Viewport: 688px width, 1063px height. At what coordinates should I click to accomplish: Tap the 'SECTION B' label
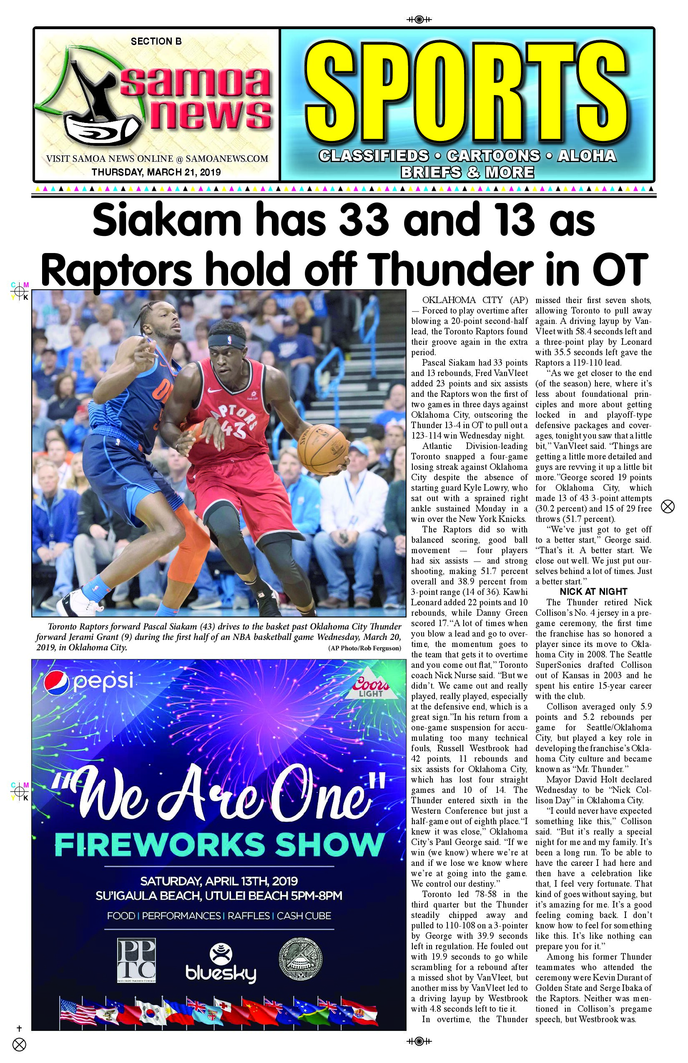(x=156, y=42)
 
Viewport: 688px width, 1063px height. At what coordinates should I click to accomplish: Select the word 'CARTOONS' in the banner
(x=487, y=155)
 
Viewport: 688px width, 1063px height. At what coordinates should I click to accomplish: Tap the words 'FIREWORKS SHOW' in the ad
(x=219, y=844)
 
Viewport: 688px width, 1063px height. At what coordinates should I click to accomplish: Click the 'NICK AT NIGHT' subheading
(x=593, y=592)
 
